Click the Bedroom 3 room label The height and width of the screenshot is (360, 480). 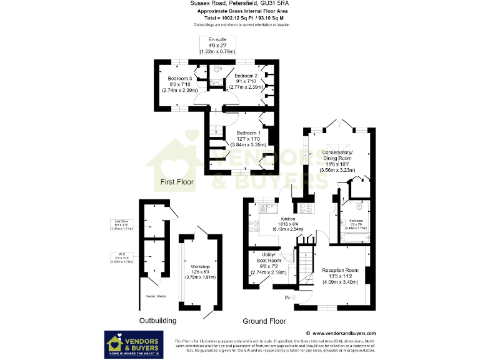[181, 83]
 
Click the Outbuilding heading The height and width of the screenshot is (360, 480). [157, 320]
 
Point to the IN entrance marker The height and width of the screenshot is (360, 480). [287, 297]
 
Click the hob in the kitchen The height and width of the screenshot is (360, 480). [307, 209]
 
